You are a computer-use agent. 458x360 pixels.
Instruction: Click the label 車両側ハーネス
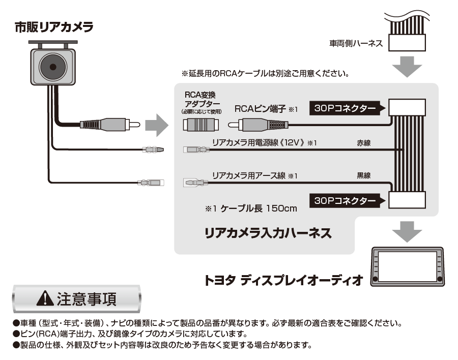[356, 44]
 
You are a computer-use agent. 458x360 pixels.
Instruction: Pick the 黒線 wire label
[364, 176]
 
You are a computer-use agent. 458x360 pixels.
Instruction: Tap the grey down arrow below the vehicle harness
[408, 67]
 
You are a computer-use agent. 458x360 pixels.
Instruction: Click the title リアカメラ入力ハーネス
[268, 233]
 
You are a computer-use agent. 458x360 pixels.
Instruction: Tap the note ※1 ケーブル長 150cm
[251, 208]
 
